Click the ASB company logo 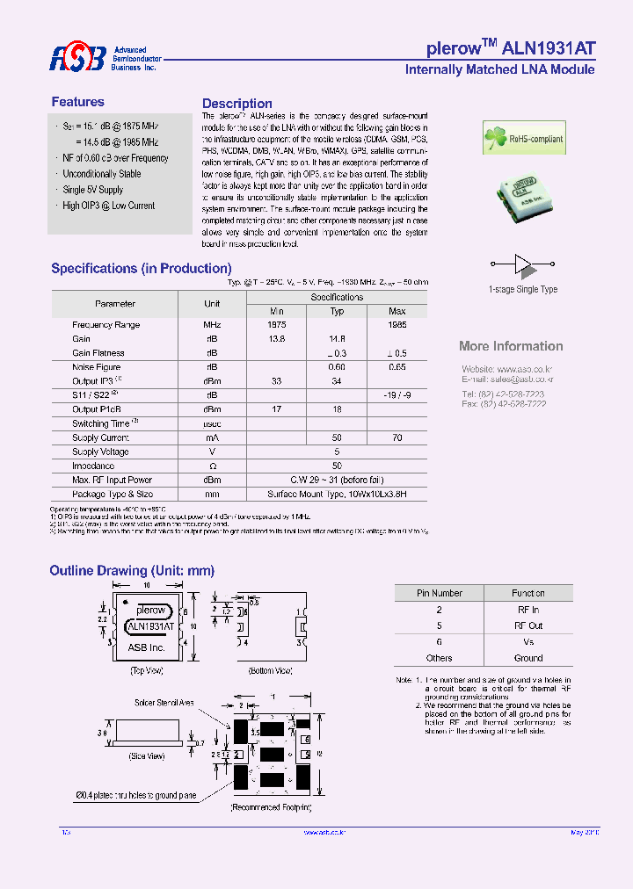coord(76,58)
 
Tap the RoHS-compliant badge coord(523,139)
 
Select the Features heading coord(77,102)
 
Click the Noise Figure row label coord(97,367)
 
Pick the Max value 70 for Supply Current coord(397,437)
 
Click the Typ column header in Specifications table coord(337,311)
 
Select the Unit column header coord(212,304)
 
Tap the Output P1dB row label coord(97,409)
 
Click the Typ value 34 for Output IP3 coord(337,381)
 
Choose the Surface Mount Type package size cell coord(337,495)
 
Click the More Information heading coord(511,346)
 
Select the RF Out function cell coord(528,625)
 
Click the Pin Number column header coord(440,593)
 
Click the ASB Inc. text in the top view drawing coord(146,647)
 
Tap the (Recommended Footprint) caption coord(272,806)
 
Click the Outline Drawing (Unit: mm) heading coord(132,571)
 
